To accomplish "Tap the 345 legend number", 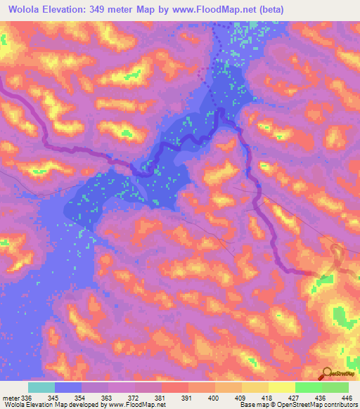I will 55,398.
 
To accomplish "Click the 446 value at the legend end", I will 347,398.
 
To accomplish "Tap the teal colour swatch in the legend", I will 41,387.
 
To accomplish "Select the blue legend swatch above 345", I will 68,387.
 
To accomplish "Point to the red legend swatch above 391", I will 175,387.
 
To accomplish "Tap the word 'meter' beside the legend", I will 9,398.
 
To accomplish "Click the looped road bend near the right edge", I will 336,254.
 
